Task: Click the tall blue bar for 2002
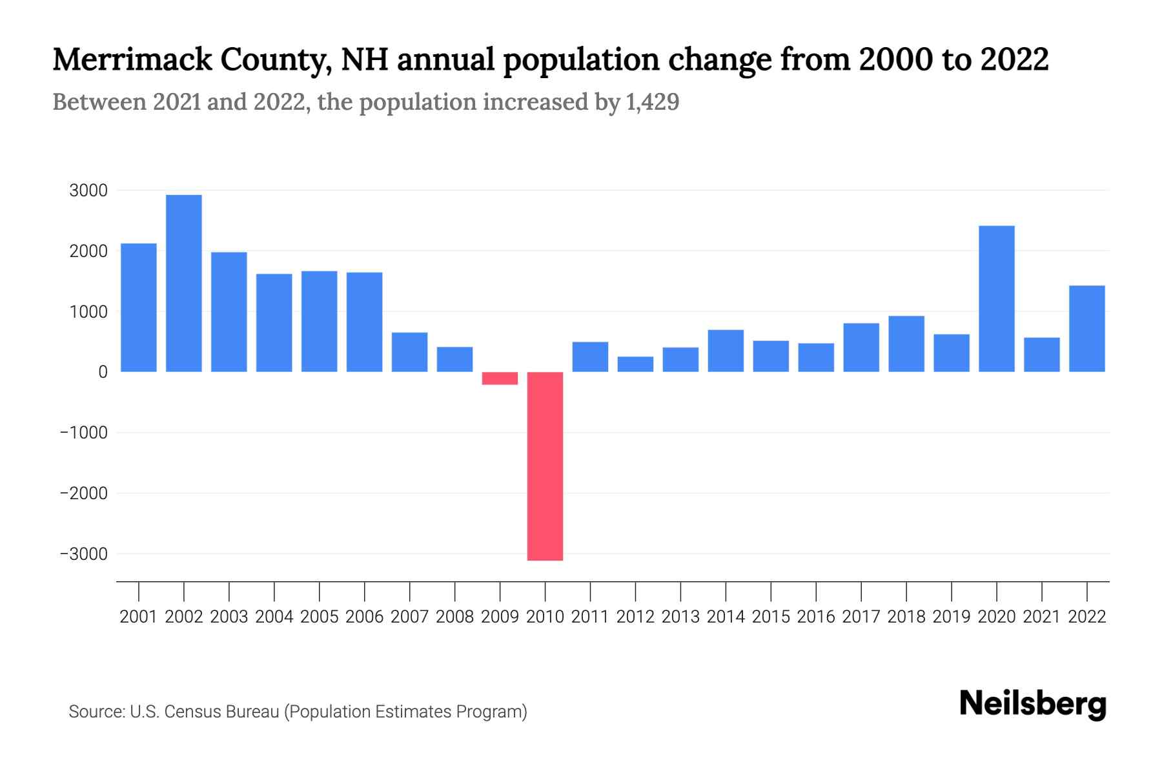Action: tap(183, 283)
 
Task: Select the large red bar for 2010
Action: tap(545, 466)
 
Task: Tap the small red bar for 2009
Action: tap(500, 378)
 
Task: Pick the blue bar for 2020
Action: tap(996, 298)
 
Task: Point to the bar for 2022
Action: tap(1086, 328)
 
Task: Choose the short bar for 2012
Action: tap(635, 364)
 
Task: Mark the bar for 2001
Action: tap(139, 307)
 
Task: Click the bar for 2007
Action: tap(409, 352)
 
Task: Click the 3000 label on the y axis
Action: tap(88, 191)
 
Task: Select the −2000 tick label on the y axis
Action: tap(84, 493)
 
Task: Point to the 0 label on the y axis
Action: tap(103, 372)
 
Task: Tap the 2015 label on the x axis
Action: tap(771, 617)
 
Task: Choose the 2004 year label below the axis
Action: tap(274, 617)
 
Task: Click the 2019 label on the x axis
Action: tap(951, 617)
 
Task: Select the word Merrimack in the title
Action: tap(132, 59)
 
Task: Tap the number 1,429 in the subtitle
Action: tap(652, 102)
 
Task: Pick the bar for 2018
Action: tap(906, 344)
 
